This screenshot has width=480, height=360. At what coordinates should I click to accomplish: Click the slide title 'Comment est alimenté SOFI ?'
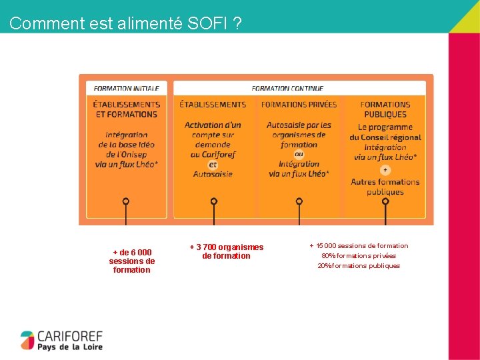coord(126,23)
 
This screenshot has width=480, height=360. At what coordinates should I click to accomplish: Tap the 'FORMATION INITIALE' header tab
coord(126,88)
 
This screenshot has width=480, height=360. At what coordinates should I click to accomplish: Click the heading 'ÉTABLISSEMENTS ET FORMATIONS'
coord(126,109)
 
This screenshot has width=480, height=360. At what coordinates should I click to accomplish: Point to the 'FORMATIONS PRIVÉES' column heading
coord(299,105)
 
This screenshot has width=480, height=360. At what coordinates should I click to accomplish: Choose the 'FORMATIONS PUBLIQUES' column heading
coord(385,109)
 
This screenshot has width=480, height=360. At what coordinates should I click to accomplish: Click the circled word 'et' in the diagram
coord(213,164)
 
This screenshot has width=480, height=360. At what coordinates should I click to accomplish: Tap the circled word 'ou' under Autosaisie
coord(299,154)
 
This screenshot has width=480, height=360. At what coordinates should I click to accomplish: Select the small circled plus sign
coord(385,170)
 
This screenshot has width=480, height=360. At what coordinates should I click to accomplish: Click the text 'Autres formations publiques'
coord(385,187)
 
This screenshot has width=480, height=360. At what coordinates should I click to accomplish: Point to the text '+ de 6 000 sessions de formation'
coord(132,261)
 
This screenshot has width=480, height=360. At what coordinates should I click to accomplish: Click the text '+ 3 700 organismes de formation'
coord(226,251)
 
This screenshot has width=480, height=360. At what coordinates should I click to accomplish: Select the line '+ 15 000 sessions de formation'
coord(359,246)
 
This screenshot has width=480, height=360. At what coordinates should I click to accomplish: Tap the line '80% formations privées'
coord(359,255)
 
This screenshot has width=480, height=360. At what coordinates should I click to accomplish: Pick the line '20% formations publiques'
coord(359,265)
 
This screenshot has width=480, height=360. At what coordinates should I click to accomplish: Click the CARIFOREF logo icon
coord(27,340)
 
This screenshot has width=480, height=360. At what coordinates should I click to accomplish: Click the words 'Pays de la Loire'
coord(70,347)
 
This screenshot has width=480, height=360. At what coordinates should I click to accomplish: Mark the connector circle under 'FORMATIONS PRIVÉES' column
coord(299,201)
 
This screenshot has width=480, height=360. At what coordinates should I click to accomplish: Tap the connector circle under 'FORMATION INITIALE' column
coord(126,201)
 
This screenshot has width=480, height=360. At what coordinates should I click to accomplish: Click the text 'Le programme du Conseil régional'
coord(385,132)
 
